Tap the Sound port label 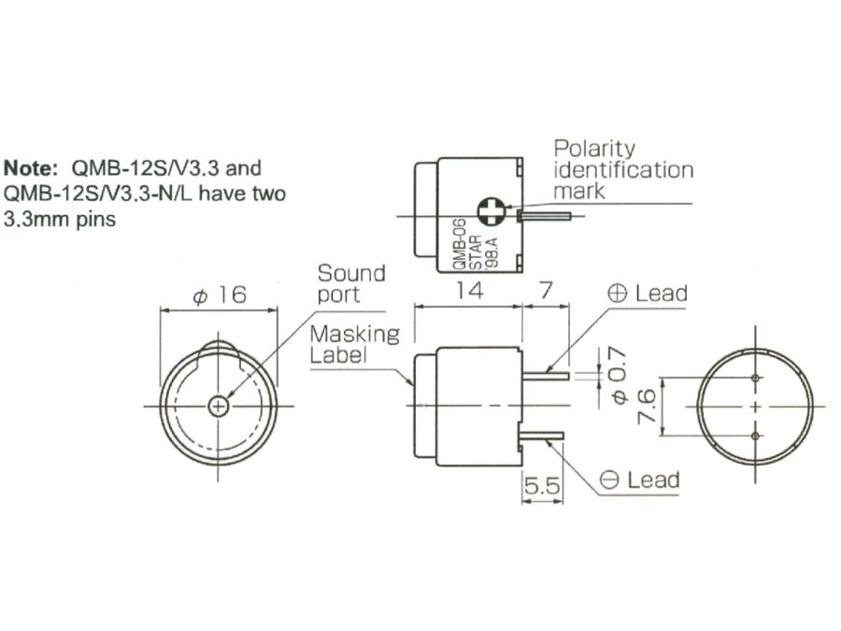pyautogui.click(x=350, y=283)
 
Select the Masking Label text pyautogui.click(x=354, y=344)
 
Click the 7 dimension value pyautogui.click(x=546, y=291)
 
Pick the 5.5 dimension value pyautogui.click(x=542, y=486)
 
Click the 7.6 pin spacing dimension pyautogui.click(x=644, y=407)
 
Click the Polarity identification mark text pyautogui.click(x=623, y=169)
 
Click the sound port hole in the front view pyautogui.click(x=219, y=406)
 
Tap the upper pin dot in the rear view pyautogui.click(x=755, y=378)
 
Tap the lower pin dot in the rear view pyautogui.click(x=755, y=436)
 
